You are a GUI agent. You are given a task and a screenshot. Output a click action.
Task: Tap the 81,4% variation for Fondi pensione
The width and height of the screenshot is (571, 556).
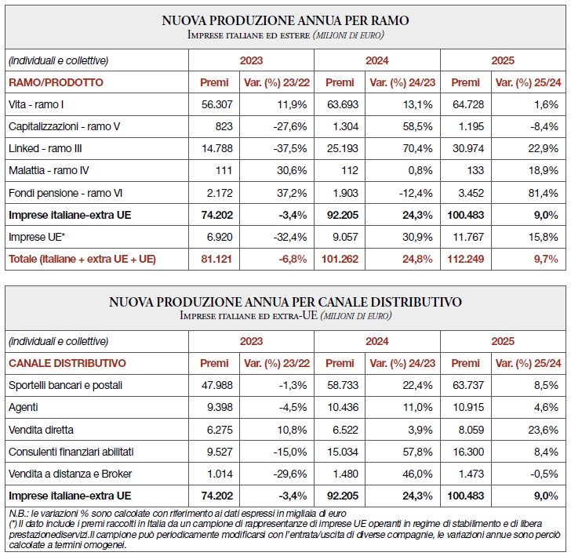point(545,193)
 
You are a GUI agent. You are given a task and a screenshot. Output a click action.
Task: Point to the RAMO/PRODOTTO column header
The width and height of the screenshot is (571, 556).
point(56,82)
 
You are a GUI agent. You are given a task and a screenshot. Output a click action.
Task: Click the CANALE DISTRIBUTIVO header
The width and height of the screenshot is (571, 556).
point(67,363)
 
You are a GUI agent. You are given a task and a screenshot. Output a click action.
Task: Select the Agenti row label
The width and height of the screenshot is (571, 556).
point(23,408)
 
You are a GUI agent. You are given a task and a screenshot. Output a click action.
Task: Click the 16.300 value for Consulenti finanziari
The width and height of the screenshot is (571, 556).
point(464,452)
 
